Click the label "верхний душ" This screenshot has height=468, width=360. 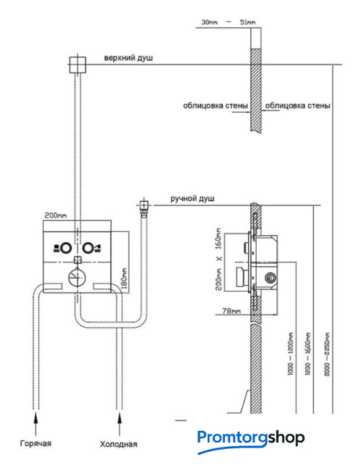click(x=128, y=58)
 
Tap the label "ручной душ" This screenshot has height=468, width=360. click(x=192, y=198)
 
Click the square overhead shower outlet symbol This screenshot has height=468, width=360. click(x=78, y=65)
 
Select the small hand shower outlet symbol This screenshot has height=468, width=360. click(x=143, y=205)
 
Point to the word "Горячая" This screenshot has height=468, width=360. click(x=36, y=443)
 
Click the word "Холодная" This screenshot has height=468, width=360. click(x=119, y=444)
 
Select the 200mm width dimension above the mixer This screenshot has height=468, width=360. click(x=56, y=215)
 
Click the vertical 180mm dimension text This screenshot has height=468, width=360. click(x=124, y=279)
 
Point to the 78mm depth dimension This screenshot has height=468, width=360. click(x=231, y=311)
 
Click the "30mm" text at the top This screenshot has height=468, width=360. click(x=209, y=22)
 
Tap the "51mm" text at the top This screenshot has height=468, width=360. click(x=247, y=22)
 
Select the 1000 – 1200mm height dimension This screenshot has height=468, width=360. click(x=290, y=354)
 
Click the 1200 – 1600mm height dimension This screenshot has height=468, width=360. click(x=308, y=354)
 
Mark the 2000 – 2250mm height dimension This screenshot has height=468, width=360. click(x=327, y=354)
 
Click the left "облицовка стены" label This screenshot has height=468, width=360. click(x=215, y=105)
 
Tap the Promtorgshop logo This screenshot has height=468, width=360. click(x=251, y=441)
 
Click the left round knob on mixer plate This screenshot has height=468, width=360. click(x=66, y=248)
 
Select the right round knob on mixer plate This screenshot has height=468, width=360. click(x=88, y=248)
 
